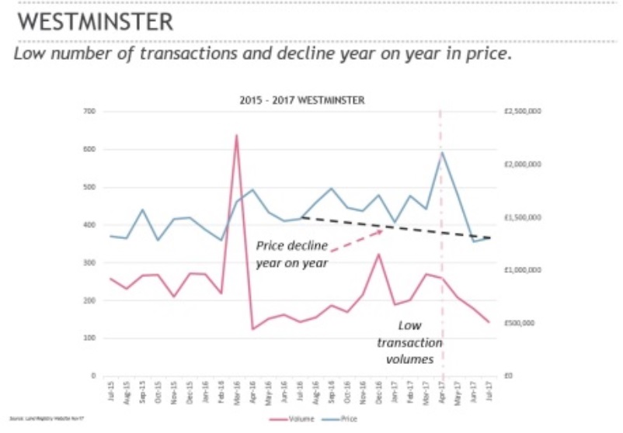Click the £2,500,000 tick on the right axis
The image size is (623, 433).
[522, 112]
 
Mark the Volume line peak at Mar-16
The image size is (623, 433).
[236, 136]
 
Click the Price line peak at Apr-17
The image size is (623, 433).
[442, 152]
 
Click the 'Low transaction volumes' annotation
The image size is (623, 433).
[409, 342]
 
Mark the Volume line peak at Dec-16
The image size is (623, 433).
[379, 255]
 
